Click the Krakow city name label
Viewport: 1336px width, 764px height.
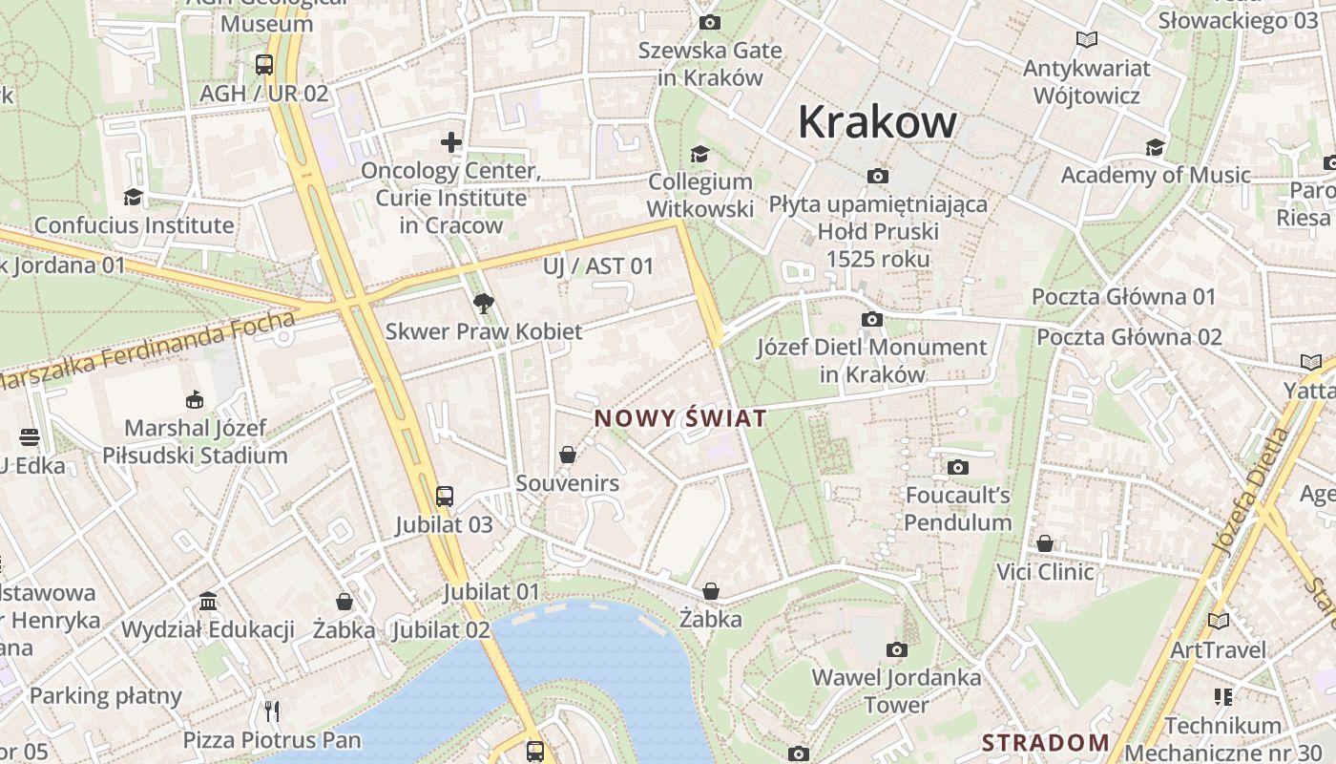876,122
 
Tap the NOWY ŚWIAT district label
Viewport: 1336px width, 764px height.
680,418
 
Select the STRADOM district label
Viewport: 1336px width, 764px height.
1046,742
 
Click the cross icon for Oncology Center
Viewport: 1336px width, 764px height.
451,143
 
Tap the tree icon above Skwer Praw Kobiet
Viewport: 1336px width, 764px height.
484,304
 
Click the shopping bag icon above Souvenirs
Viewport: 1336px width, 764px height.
568,455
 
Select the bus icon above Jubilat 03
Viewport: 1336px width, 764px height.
445,497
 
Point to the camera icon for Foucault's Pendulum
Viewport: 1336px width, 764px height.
957,467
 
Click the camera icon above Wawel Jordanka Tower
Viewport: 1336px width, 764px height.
896,650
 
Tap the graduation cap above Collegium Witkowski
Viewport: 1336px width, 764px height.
700,154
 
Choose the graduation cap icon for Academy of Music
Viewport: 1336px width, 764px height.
1155,147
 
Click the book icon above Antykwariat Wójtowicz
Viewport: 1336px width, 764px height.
1086,40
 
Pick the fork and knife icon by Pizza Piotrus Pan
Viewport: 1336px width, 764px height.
272,711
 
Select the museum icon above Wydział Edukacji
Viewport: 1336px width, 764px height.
208,601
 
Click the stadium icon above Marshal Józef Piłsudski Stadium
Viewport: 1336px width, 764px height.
195,399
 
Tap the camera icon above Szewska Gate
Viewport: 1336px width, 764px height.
709,22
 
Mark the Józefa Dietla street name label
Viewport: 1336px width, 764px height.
1250,490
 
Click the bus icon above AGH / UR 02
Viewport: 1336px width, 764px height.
264,65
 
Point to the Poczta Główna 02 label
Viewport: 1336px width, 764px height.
1129,337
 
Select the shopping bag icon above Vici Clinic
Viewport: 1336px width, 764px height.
1045,543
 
